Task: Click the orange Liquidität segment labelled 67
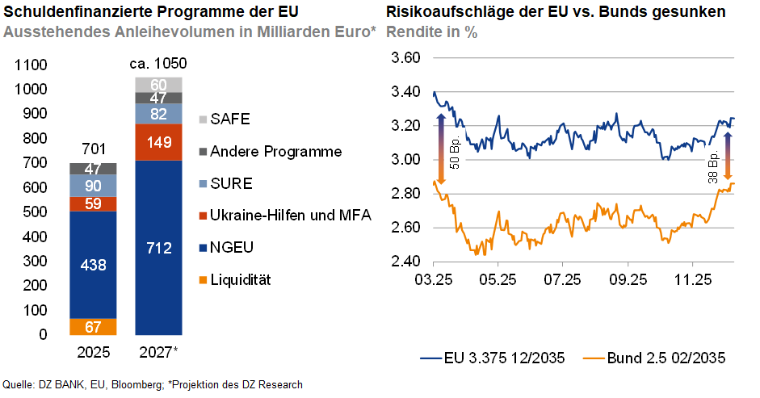coord(93,326)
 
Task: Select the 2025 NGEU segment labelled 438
coord(93,264)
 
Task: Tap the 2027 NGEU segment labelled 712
coord(158,247)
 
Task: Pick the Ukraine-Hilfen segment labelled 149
coord(158,143)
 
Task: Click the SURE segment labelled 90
coord(93,185)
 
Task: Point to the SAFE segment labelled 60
coord(158,85)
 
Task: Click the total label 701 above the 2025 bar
coord(93,149)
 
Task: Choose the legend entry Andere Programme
coord(275,152)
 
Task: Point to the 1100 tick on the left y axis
coord(31,65)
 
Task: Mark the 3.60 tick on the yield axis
coord(406,58)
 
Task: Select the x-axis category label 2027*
coord(158,353)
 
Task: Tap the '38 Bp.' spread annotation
coord(715,165)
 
